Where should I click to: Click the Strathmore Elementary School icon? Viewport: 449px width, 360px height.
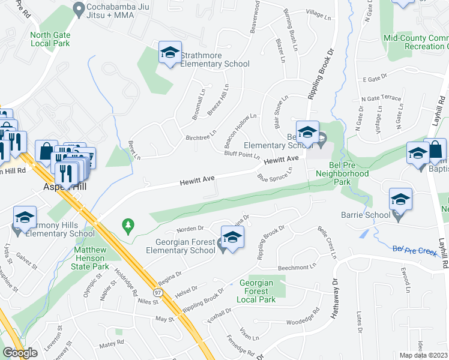coord(169,53)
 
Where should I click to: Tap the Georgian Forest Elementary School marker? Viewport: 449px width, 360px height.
coord(232,237)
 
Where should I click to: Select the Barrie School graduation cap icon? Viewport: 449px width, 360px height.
coord(400,200)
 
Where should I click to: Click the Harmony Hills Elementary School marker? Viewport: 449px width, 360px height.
coord(25,218)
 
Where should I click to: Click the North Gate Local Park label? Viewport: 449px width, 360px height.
coord(50,39)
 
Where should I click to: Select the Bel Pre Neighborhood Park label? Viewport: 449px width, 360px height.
coord(342,177)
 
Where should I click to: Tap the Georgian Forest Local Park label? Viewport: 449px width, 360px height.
coord(256,291)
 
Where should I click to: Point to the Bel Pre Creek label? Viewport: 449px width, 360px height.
coord(415,250)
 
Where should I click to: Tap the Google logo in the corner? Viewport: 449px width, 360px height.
coord(20,353)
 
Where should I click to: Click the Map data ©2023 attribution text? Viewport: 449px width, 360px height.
coord(423,355)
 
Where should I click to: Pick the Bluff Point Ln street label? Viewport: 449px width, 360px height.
coord(241,154)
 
